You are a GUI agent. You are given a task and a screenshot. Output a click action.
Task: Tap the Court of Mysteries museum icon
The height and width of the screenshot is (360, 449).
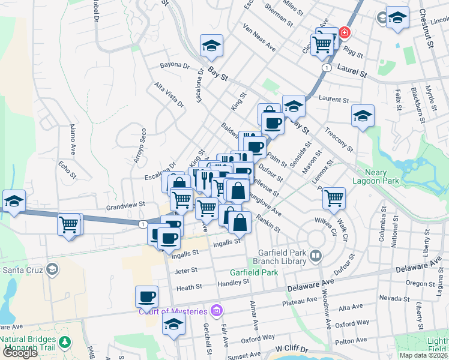tap(217, 310)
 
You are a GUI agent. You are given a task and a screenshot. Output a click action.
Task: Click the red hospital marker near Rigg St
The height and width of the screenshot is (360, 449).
tap(345, 31)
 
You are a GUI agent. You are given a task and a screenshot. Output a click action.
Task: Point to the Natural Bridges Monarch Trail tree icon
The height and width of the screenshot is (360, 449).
tap(64, 343)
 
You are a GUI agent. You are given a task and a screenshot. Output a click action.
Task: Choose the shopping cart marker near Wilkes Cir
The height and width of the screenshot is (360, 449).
tap(333, 197)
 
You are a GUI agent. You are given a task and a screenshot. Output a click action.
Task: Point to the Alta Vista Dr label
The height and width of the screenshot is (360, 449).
tap(169, 95)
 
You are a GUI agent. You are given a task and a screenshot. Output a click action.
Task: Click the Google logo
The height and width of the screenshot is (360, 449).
tap(20, 353)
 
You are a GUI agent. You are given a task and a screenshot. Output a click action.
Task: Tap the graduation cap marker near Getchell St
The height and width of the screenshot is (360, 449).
tap(174, 325)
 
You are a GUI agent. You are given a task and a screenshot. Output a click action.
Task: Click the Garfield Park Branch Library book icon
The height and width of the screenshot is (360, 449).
tap(316, 257)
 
